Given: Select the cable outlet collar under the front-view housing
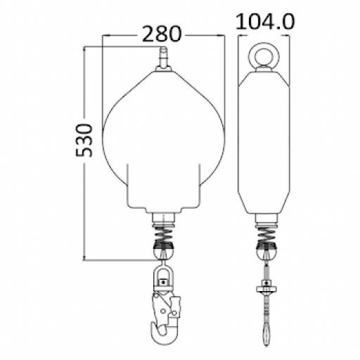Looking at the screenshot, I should coord(163,214).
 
